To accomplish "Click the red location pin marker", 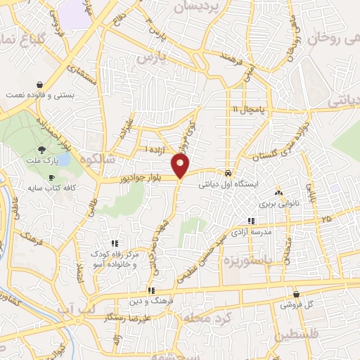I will [181, 166].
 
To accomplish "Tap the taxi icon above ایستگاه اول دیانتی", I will [229, 172].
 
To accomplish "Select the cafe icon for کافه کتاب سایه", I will [51, 178].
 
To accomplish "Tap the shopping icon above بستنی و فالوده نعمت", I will [39, 82].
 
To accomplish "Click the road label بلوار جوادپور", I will [143, 180].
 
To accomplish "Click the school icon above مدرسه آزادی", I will [251, 221].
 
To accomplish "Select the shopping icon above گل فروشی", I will [296, 294].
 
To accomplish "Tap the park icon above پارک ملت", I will [41, 150].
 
